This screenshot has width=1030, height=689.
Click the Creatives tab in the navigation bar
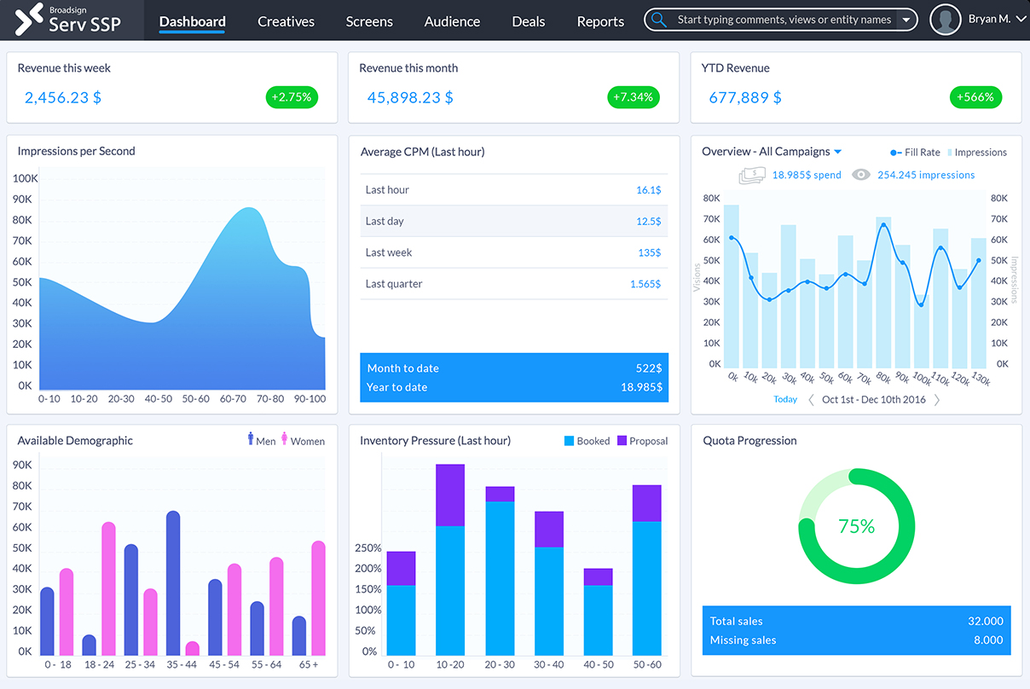click(286, 21)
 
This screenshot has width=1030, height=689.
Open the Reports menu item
click(600, 21)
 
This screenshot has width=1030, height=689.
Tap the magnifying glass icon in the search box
click(659, 20)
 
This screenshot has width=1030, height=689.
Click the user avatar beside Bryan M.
click(946, 20)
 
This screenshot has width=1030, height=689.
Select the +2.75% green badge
click(292, 97)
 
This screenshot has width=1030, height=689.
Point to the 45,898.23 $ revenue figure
click(410, 97)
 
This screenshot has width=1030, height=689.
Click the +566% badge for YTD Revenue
click(975, 97)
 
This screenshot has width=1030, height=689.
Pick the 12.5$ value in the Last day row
click(648, 221)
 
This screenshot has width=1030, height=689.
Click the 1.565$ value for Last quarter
click(645, 284)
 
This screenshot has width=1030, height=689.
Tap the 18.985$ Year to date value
click(640, 387)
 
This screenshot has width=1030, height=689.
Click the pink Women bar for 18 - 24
click(108, 588)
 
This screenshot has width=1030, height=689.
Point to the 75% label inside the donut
click(856, 526)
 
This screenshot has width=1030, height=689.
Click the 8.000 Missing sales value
click(987, 640)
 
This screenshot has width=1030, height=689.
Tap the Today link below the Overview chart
click(785, 399)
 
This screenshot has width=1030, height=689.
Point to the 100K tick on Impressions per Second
click(26, 179)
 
